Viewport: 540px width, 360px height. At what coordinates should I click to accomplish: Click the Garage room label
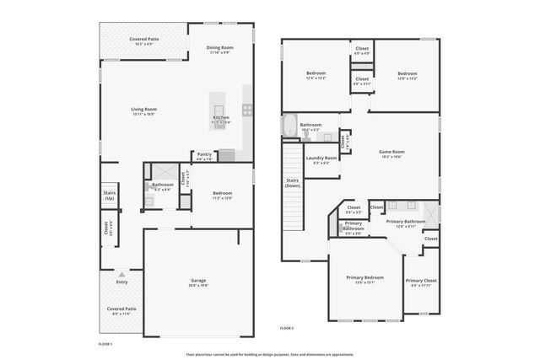197,280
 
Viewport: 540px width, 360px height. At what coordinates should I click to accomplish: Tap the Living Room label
143,110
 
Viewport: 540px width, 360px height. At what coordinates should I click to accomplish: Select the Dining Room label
219,48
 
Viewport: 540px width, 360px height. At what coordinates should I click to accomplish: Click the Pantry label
204,154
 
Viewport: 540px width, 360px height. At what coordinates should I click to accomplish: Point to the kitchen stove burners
248,109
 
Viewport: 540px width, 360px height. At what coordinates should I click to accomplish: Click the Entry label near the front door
121,282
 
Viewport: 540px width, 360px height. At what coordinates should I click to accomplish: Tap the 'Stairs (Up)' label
110,195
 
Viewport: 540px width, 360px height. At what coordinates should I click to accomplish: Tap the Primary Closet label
420,281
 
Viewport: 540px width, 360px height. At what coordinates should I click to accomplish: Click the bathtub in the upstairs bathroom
289,127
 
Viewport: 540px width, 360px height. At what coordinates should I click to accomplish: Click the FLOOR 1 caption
105,344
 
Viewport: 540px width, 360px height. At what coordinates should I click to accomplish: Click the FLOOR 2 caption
286,328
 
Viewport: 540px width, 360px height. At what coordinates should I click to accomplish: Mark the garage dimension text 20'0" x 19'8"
197,286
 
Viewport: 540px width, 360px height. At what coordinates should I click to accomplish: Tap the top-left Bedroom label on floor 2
316,73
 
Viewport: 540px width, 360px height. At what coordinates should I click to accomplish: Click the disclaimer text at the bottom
269,353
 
